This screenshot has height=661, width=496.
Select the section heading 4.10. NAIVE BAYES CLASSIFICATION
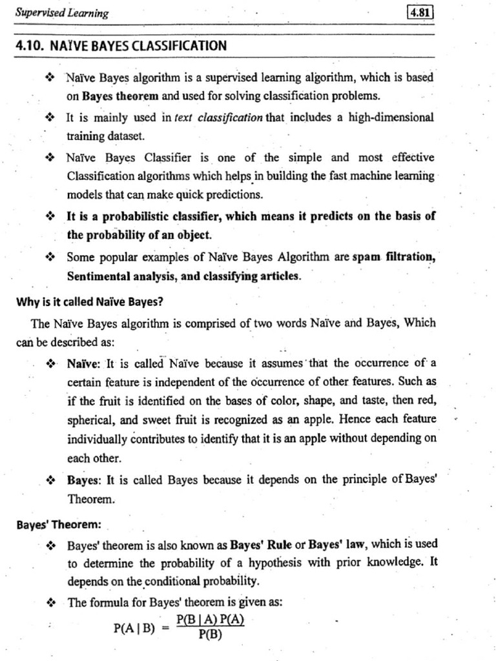[x=121, y=46]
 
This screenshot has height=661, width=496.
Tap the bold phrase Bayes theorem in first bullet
[x=121, y=96]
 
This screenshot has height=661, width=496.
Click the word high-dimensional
[x=382, y=117]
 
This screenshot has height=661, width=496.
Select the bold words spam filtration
[x=394, y=257]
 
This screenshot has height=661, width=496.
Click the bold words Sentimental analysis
[x=115, y=276]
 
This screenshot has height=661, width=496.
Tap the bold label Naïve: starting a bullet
[x=83, y=364]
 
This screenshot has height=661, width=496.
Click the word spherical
[x=92, y=419]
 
